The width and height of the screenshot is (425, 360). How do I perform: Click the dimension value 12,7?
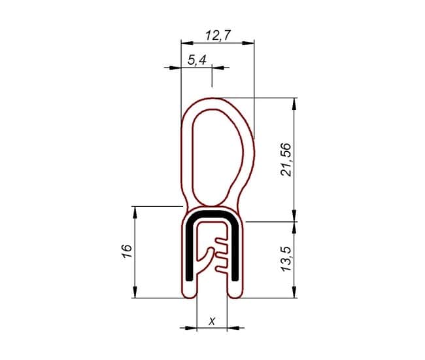218,35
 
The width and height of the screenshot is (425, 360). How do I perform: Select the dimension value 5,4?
197,60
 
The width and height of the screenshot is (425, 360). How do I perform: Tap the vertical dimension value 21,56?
286,160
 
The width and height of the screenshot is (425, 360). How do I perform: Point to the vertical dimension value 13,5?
286,259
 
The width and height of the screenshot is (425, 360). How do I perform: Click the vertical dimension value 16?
127,251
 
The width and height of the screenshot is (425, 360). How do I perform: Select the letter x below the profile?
212,321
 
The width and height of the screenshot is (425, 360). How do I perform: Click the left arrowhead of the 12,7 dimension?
187,43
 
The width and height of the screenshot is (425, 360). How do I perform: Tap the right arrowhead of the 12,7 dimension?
248,43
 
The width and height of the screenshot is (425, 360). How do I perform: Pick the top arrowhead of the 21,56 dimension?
294,104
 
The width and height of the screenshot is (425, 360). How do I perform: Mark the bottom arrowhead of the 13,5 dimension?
294,292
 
